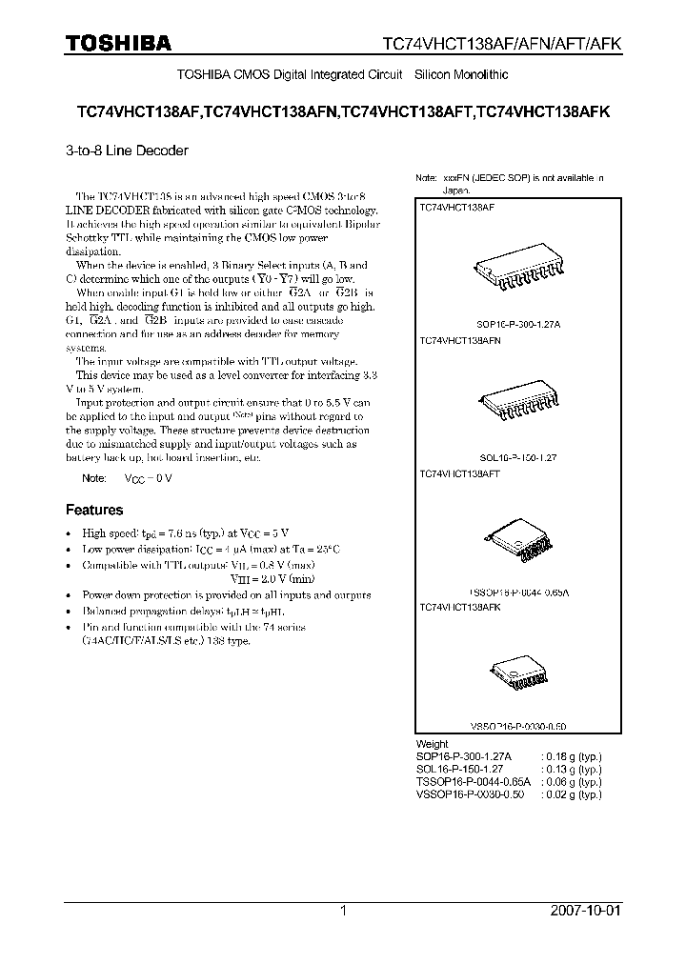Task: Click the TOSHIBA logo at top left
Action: (x=118, y=42)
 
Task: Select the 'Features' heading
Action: (x=93, y=510)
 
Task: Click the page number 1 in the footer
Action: (x=343, y=911)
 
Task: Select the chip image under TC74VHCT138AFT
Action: (x=517, y=539)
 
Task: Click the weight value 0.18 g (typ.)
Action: (x=572, y=756)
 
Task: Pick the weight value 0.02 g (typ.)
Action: (x=572, y=793)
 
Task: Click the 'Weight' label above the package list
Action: (x=432, y=744)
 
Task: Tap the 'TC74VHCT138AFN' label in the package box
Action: (x=460, y=339)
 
